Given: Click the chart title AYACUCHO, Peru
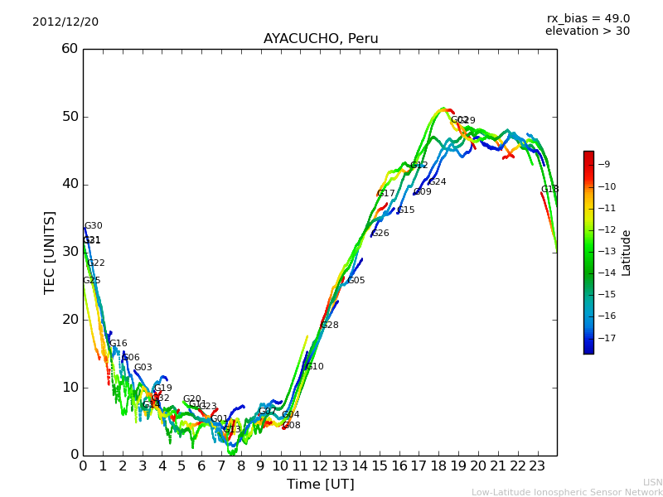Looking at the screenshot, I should click(x=321, y=39).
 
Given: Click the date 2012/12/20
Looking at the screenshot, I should click(x=65, y=22).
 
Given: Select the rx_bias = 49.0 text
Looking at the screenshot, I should click(x=588, y=18).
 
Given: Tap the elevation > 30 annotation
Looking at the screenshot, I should click(x=588, y=31).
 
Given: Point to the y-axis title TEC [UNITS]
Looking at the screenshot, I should click(x=50, y=252).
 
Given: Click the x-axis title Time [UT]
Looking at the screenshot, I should click(x=320, y=485).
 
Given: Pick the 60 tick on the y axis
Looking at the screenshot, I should click(x=70, y=49).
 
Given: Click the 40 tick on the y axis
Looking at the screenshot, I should click(x=70, y=184).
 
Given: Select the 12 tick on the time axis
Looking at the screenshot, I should click(x=320, y=466).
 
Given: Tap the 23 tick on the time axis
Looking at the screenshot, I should click(x=537, y=466).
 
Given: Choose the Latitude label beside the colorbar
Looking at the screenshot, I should click(x=627, y=252).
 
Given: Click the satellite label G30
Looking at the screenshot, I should click(x=94, y=226).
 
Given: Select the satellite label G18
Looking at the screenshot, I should click(x=550, y=190).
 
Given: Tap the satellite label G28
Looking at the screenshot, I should click(x=330, y=326).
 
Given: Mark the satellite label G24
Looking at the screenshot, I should click(x=438, y=182).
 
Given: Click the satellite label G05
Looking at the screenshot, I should click(x=356, y=281).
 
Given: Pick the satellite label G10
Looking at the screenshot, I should click(x=315, y=367).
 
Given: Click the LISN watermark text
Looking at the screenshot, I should click(x=652, y=482).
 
